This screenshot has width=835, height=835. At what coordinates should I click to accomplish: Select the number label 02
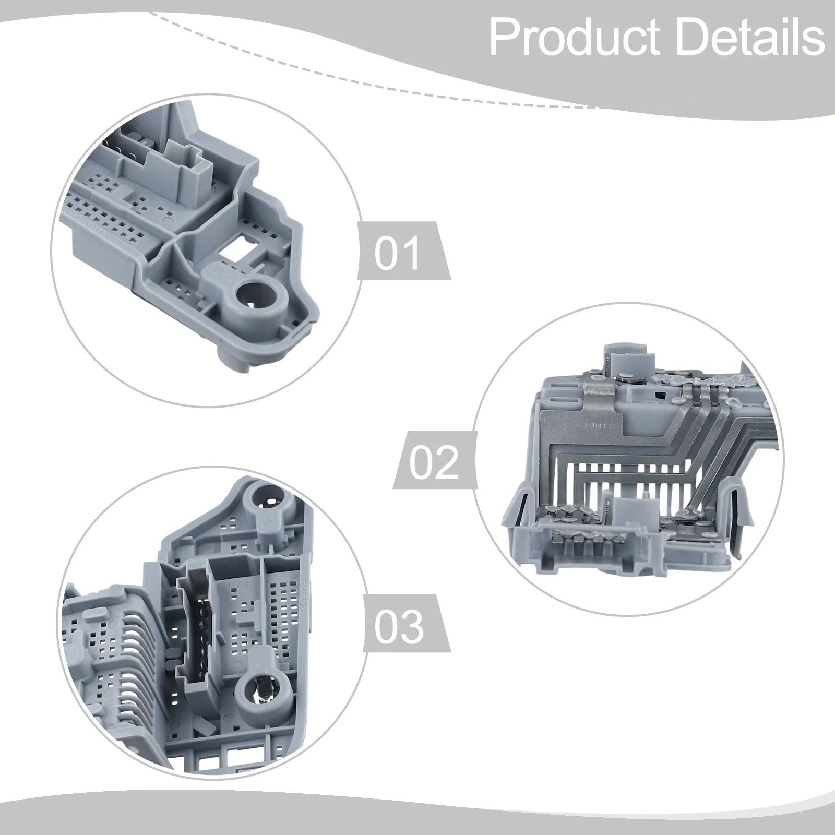(433, 461)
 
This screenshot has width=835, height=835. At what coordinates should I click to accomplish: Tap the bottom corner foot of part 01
(230, 360)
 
